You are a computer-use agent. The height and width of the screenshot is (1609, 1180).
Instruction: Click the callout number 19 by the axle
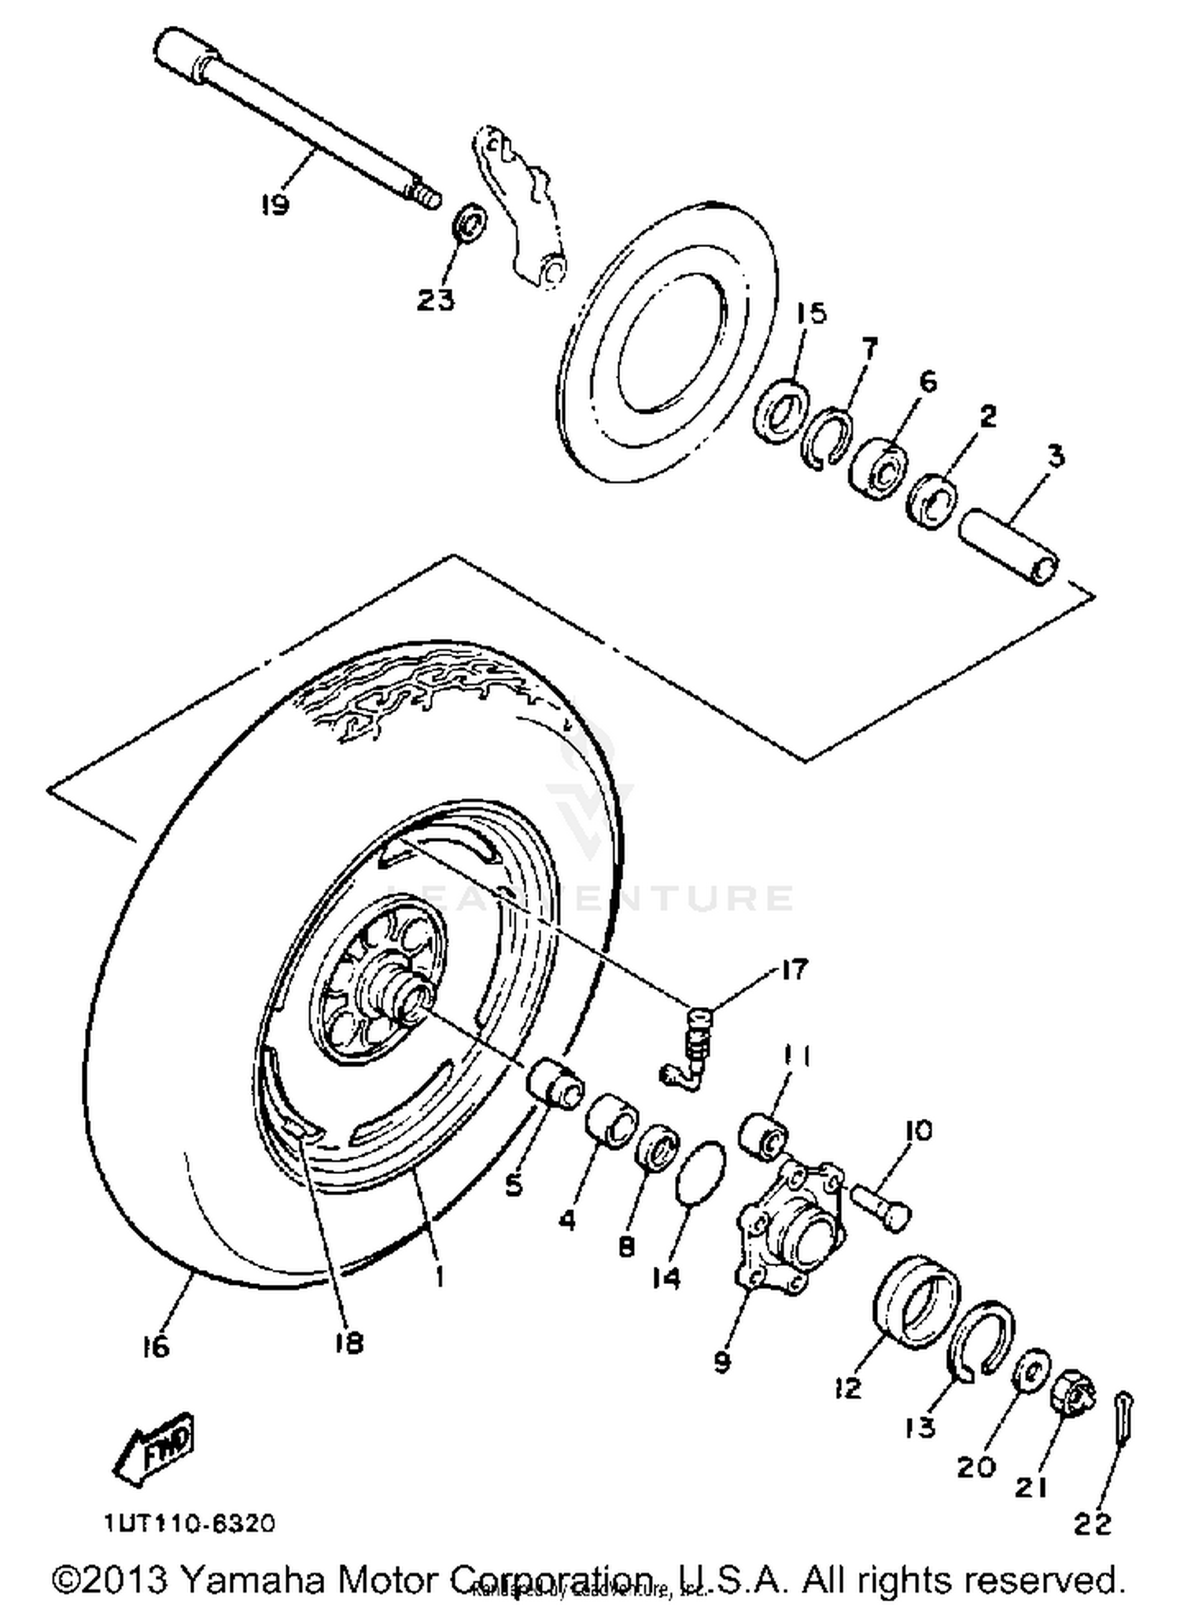pyautogui.click(x=275, y=205)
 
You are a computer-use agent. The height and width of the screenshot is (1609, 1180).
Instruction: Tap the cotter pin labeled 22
pyautogui.click(x=1124, y=1418)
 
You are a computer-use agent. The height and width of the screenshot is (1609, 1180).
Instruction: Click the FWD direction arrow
pyautogui.click(x=155, y=1448)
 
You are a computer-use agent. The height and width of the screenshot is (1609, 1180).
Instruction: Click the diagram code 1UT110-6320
pyautogui.click(x=190, y=1523)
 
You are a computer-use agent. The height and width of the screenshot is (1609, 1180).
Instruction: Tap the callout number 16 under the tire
pyautogui.click(x=157, y=1346)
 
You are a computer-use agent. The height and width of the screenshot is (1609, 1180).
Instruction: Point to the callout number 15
pyautogui.click(x=810, y=313)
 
